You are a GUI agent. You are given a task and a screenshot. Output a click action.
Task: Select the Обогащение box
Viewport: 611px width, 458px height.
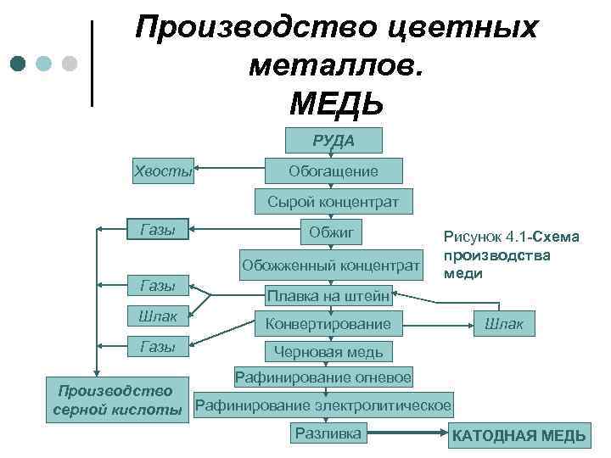tap(334, 171)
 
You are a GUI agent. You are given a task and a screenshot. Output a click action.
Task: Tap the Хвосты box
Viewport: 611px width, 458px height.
tap(163, 170)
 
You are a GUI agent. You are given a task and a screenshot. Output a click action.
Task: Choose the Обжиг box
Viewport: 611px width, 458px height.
tap(333, 232)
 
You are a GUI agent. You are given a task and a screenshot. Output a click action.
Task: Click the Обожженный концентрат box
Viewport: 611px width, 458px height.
tap(331, 264)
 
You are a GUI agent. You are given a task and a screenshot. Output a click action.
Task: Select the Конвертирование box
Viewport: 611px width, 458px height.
tap(328, 323)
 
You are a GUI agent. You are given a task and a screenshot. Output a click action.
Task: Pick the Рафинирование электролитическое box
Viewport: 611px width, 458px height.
tap(323, 405)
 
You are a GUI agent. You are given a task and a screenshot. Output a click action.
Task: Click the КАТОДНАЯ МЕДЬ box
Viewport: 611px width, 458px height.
tap(519, 436)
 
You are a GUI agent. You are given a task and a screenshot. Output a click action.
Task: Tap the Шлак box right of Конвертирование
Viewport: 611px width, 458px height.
tap(504, 323)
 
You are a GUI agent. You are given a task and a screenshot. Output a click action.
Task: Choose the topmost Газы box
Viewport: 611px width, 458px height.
tap(157, 229)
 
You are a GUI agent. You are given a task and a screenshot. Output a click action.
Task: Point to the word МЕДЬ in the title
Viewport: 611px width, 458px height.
tap(336, 103)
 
